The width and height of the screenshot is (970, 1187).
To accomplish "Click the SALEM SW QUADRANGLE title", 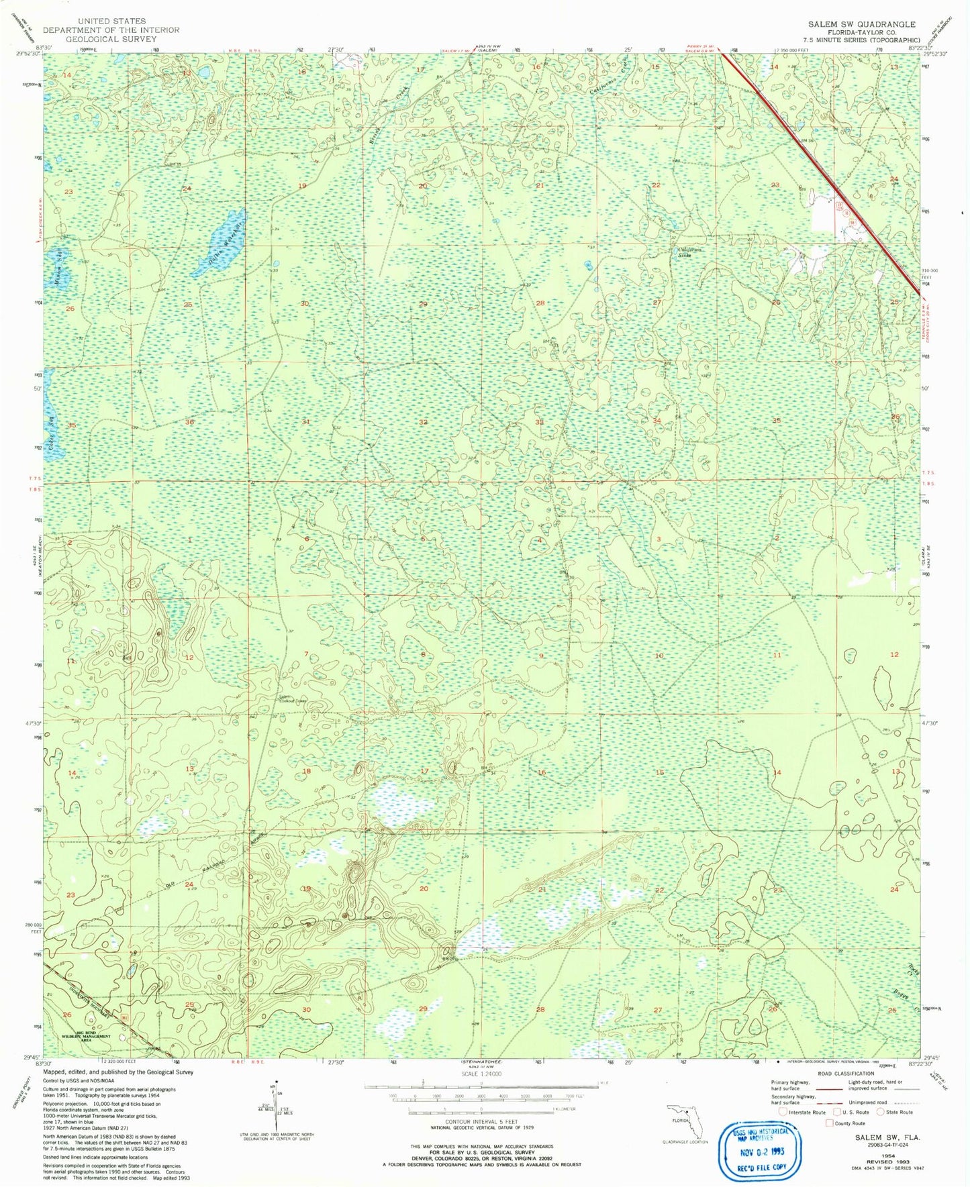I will (x=861, y=24).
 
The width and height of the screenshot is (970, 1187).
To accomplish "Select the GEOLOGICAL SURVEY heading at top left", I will (x=111, y=39).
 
